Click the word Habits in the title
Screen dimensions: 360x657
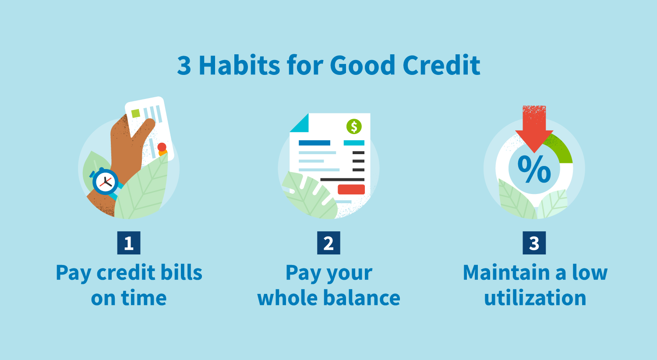239,66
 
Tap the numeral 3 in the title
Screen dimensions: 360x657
184,66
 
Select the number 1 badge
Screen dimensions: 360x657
129,243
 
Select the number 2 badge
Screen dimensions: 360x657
328,243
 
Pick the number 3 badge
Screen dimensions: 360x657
534,243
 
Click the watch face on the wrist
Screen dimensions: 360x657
105,181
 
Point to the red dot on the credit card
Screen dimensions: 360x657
162,147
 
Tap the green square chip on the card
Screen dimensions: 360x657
136,113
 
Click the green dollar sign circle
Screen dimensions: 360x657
354,127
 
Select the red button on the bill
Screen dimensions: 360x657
351,189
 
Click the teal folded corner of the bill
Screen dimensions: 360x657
300,124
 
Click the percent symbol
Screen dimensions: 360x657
534,169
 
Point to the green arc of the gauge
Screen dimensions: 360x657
562,149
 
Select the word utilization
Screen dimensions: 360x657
535,298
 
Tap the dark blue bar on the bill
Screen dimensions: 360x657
314,143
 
